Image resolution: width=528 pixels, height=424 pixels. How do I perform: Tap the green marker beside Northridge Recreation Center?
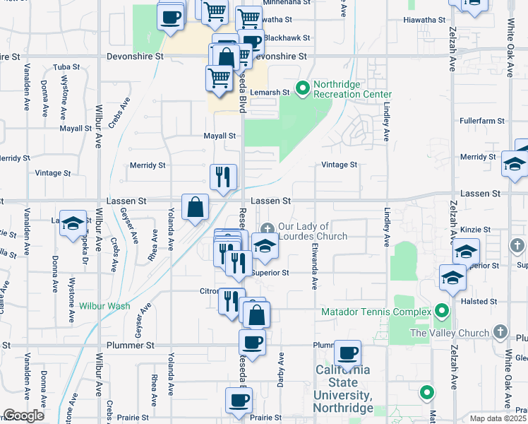[303, 88]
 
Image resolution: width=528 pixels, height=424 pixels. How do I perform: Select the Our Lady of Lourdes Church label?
[312, 231]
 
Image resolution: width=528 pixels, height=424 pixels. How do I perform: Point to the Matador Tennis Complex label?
[376, 312]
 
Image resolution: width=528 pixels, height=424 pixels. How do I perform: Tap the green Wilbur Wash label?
[104, 306]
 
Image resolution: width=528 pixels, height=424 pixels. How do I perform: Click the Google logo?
[23, 416]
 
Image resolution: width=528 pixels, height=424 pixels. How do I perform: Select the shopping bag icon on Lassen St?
[196, 207]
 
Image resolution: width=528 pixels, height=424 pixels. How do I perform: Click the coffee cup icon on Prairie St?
[239, 400]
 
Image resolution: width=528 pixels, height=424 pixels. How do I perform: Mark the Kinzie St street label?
[476, 230]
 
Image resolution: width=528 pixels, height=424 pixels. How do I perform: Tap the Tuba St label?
[66, 68]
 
